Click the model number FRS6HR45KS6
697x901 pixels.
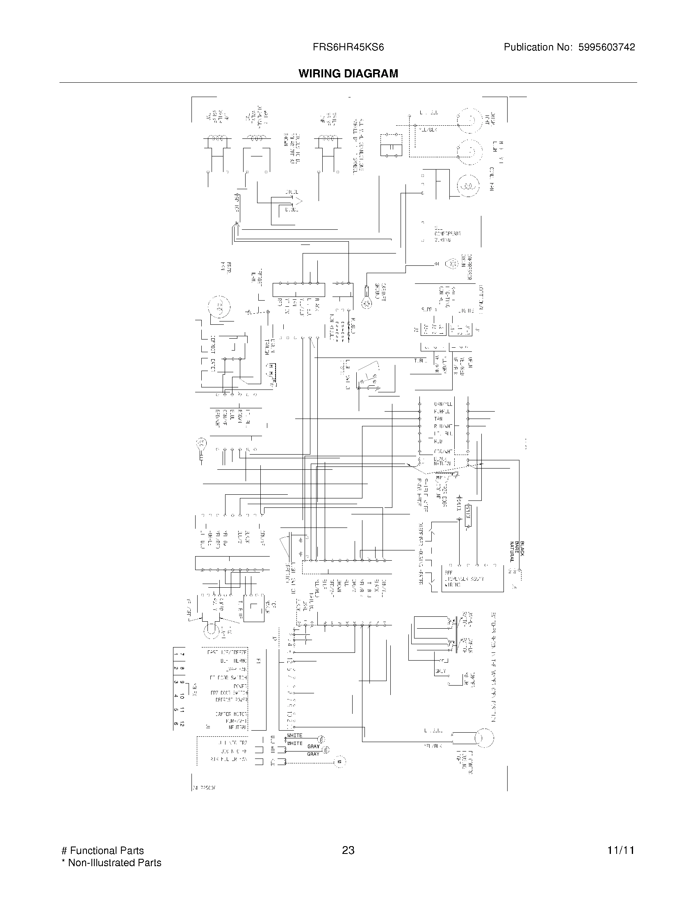coord(348,48)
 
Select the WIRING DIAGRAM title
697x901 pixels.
coord(348,74)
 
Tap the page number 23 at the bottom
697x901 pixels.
coord(348,850)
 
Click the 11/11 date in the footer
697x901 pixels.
coord(620,850)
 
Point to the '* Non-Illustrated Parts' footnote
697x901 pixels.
coord(112,863)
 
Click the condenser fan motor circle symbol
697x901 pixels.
coord(467,186)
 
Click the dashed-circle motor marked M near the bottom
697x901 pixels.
coord(340,761)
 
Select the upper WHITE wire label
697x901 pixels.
coord(294,736)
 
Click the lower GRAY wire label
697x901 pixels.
coord(313,754)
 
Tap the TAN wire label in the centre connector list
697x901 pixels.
coord(438,418)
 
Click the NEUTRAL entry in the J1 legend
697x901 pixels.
coord(238,727)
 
